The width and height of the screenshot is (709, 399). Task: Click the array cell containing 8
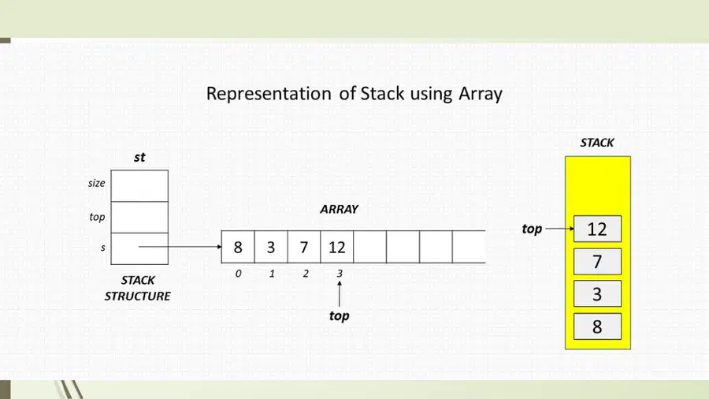click(238, 247)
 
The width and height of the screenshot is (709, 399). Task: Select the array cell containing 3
click(271, 247)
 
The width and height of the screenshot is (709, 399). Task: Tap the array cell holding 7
click(304, 247)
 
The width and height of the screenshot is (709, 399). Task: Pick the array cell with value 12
click(337, 247)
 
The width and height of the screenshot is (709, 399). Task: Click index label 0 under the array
click(238, 274)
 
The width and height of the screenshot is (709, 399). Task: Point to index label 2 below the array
click(306, 274)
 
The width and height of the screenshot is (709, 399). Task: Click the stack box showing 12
click(597, 229)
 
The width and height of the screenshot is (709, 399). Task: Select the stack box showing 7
click(597, 262)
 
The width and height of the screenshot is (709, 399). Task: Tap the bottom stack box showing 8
click(597, 326)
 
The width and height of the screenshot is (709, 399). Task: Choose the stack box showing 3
click(597, 293)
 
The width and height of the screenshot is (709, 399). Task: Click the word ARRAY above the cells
click(339, 209)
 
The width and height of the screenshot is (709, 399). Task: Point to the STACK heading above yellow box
click(597, 143)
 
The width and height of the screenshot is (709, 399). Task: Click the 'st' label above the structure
click(139, 158)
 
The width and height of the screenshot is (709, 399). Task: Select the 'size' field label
click(96, 183)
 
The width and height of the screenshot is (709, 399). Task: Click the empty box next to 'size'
click(139, 186)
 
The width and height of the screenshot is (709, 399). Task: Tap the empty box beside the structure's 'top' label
click(139, 217)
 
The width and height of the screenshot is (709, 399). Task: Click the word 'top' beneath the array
click(339, 315)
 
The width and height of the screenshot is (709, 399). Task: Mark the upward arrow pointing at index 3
click(339, 293)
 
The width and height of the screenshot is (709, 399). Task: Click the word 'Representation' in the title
click(269, 94)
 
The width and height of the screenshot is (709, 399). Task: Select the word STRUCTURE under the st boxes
click(137, 296)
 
